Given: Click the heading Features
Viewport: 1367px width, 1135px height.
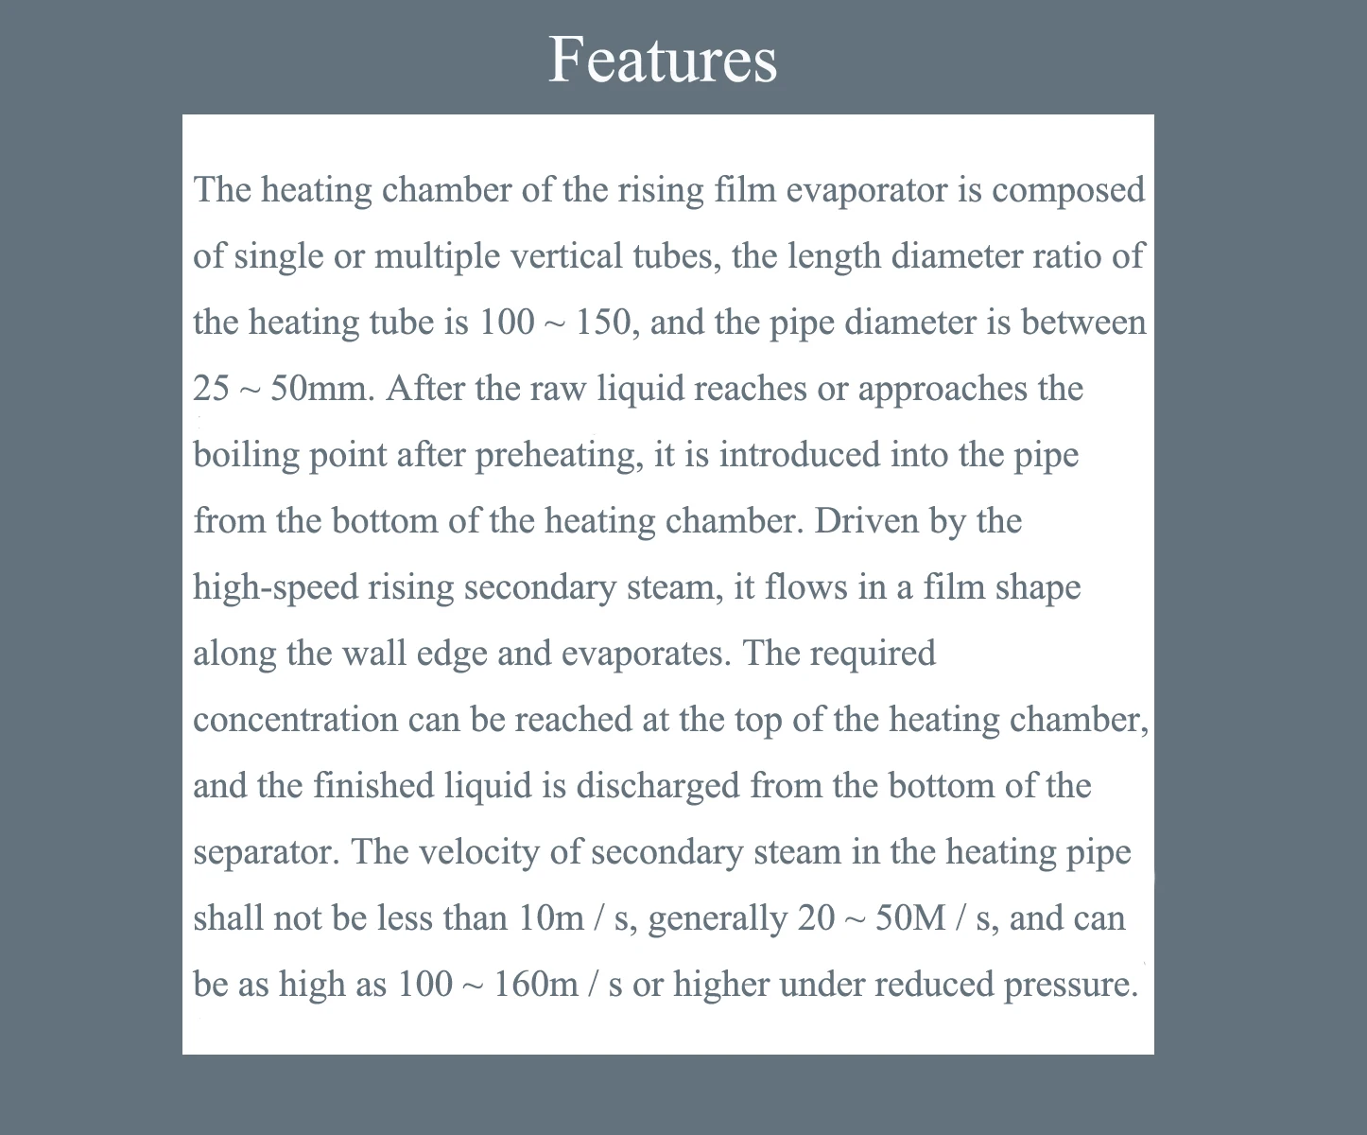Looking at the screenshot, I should tap(663, 59).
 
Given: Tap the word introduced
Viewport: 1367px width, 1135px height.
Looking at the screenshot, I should tap(800, 455).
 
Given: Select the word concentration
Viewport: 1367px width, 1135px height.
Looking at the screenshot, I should tap(296, 720).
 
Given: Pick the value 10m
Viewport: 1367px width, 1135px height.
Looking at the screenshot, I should tap(551, 918).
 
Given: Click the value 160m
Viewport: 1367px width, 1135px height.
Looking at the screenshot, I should tap(536, 985).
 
